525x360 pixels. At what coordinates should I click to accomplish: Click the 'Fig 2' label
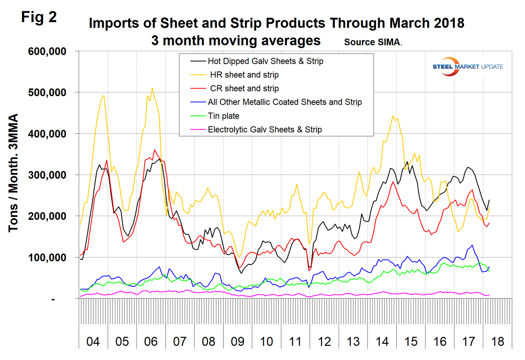pyautogui.click(x=39, y=17)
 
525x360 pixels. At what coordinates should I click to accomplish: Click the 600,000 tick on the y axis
pyautogui.click(x=47, y=51)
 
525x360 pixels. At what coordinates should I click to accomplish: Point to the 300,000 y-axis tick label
pyautogui.click(x=47, y=175)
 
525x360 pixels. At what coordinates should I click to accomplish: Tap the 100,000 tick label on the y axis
pyautogui.click(x=47, y=258)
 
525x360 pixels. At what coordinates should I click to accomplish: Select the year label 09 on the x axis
pyautogui.click(x=237, y=341)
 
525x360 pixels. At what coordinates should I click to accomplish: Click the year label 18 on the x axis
pyautogui.click(x=497, y=341)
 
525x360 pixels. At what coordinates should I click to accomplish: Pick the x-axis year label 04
pyautogui.click(x=93, y=341)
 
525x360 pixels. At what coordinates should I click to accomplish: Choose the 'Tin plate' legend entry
pyautogui.click(x=223, y=116)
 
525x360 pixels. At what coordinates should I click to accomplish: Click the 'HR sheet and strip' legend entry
pyautogui.click(x=244, y=75)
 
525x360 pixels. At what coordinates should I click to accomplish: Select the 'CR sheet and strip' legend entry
pyautogui.click(x=244, y=88)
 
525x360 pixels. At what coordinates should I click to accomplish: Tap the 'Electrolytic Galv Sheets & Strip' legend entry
pyautogui.click(x=265, y=129)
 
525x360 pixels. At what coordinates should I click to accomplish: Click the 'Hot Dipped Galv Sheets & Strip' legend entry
pyautogui.click(x=265, y=61)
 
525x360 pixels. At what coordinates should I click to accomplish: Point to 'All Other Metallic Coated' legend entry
pyautogui.click(x=285, y=102)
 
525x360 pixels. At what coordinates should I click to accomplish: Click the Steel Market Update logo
pyautogui.click(x=467, y=67)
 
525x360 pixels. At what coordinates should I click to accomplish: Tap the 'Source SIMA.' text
pyautogui.click(x=373, y=42)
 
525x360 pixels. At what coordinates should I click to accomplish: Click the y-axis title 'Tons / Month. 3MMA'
pyautogui.click(x=13, y=173)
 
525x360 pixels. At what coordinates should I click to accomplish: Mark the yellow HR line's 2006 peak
pyautogui.click(x=152, y=88)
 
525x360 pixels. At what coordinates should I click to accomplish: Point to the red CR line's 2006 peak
pyautogui.click(x=155, y=150)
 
